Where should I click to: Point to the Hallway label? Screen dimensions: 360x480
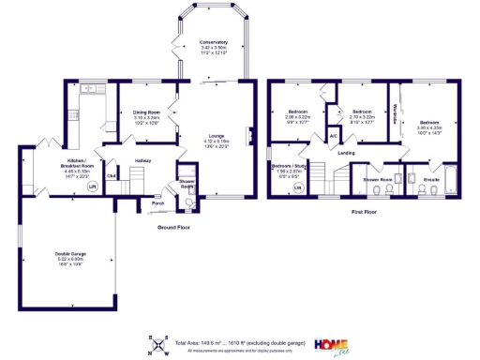pyautogui.click(x=142, y=160)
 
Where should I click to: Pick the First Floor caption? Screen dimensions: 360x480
pyautogui.click(x=365, y=213)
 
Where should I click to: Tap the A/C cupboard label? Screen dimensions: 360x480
pyautogui.click(x=333, y=136)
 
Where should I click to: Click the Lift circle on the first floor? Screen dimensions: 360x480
pyautogui.click(x=298, y=187)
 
